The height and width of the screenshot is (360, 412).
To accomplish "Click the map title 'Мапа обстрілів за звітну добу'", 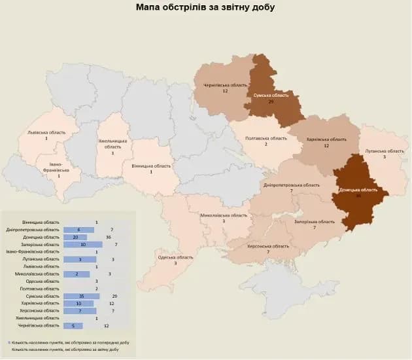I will tap(205, 8).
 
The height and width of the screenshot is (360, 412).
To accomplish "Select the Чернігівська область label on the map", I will tap(224, 85).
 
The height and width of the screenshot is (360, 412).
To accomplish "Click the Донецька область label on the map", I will tap(358, 190).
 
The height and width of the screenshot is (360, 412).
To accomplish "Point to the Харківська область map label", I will tap(326, 139).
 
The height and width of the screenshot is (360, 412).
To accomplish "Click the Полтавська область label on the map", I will tap(266, 138).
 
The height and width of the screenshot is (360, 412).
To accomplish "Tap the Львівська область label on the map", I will tap(46, 132).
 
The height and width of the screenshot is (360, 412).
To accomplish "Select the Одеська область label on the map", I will tap(176, 257).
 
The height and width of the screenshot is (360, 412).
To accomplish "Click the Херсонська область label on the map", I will tap(267, 245).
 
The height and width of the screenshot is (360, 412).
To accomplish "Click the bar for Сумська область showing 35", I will tap(81, 296).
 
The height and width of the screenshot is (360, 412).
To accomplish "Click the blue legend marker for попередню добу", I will tap(10, 342).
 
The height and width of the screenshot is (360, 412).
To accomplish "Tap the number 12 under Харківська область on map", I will tap(326, 146).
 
